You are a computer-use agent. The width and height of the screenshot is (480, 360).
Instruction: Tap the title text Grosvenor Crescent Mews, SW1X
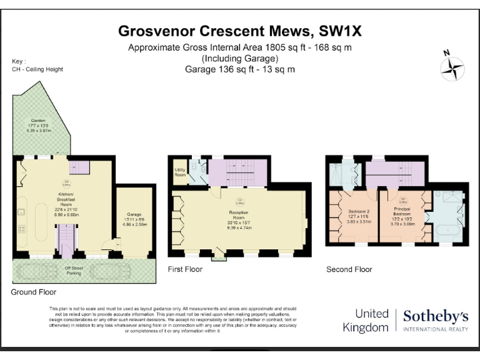[240, 31]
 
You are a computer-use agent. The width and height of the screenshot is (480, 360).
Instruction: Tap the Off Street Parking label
[74, 271]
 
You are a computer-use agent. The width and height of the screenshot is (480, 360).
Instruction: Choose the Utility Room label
[180, 172]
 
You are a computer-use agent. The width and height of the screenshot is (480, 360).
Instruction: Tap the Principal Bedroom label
[402, 216]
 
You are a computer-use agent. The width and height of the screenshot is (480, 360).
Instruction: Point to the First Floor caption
[186, 269]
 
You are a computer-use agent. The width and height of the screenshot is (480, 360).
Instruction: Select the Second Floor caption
[349, 269]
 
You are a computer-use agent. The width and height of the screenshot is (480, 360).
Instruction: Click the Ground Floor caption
[34, 292]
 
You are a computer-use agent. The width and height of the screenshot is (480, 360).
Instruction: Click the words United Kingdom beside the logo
[372, 320]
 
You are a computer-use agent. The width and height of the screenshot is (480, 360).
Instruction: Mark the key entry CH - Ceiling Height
[37, 69]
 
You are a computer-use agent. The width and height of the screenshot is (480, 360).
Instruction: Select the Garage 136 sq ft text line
[240, 69]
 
